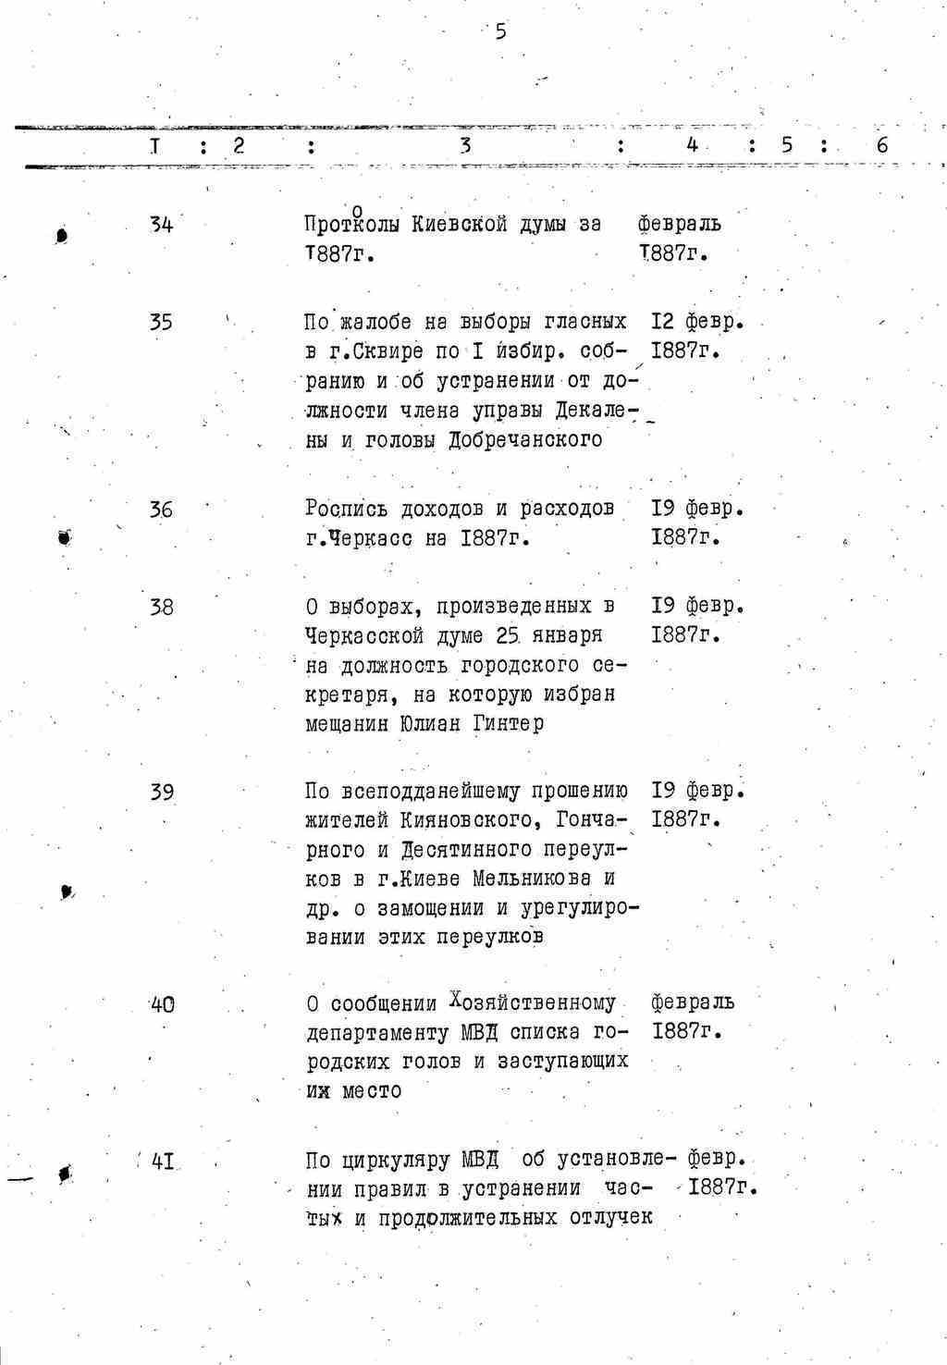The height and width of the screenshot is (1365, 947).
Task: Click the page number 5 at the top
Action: click(x=500, y=32)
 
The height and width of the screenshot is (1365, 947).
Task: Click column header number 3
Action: click(x=466, y=145)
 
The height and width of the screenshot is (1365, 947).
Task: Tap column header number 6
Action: click(x=881, y=145)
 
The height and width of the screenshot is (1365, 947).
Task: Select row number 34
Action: click(x=161, y=224)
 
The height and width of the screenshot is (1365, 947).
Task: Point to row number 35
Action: click(x=161, y=322)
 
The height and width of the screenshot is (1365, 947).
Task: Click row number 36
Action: click(x=161, y=510)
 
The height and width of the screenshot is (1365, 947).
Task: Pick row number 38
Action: click(x=161, y=607)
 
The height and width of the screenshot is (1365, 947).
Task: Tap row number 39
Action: click(x=161, y=793)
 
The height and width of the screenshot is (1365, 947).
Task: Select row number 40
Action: click(x=162, y=1004)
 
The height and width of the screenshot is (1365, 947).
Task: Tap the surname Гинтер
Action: click(x=508, y=724)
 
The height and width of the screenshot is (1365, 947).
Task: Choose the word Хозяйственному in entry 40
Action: click(x=532, y=1003)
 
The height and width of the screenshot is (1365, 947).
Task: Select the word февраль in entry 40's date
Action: click(x=693, y=1002)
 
